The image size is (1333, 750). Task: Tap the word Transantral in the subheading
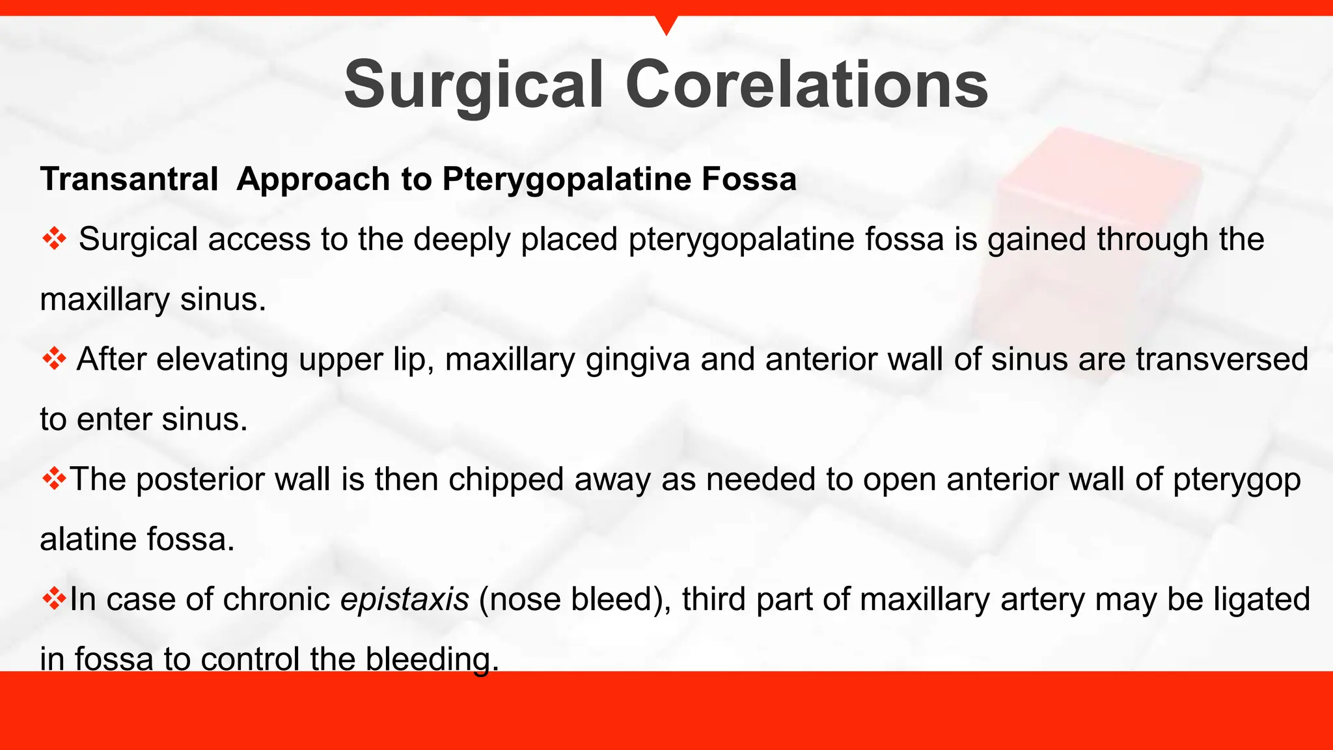point(129,179)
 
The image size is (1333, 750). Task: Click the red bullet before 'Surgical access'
point(54,239)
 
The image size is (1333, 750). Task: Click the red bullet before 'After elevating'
point(54,359)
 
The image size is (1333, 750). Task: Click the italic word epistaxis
point(404,599)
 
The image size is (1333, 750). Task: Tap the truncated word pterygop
point(1237,480)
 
